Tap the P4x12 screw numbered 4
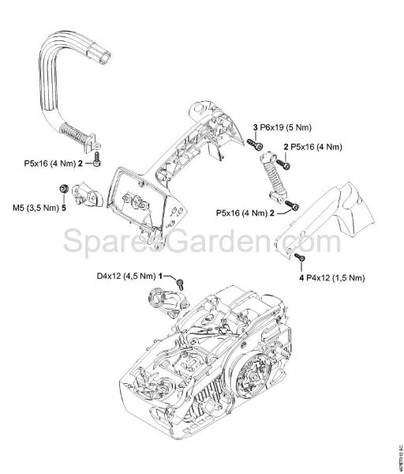coord(299,258)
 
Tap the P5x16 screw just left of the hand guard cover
coord(294,207)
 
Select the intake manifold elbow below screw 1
coord(163,304)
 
